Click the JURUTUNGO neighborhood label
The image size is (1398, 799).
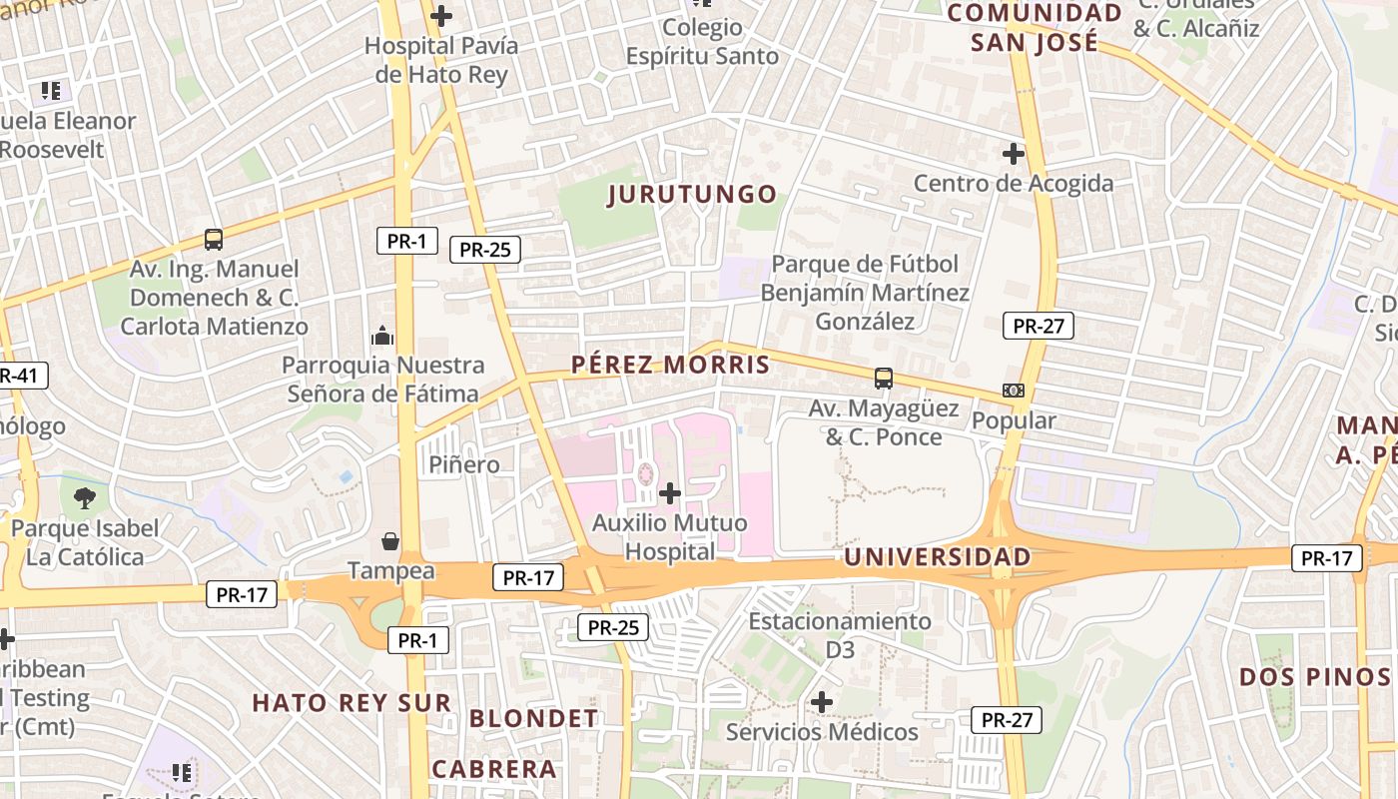pos(692,194)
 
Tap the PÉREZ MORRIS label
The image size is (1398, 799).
pos(670,365)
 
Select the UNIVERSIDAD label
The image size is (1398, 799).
pos(937,556)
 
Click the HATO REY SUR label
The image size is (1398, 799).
pos(351,702)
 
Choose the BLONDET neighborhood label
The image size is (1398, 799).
pos(533,718)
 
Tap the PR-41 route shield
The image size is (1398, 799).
pos(18,376)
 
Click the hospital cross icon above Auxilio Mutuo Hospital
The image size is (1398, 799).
pos(670,492)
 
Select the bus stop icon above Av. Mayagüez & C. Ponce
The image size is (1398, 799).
pos(884,379)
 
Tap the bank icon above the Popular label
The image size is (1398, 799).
pos(1013,391)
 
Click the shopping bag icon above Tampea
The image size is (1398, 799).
pos(390,541)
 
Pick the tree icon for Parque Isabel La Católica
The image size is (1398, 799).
pos(85,497)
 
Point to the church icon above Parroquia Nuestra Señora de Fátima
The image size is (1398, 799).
pos(382,336)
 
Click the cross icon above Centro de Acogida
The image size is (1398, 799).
pos(1014,154)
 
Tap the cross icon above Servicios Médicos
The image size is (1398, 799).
pos(822,702)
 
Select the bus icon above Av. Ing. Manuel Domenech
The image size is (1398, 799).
pos(213,240)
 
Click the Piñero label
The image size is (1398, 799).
pos(464,464)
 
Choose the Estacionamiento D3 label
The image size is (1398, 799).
pos(840,635)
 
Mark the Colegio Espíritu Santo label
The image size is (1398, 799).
pos(702,41)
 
